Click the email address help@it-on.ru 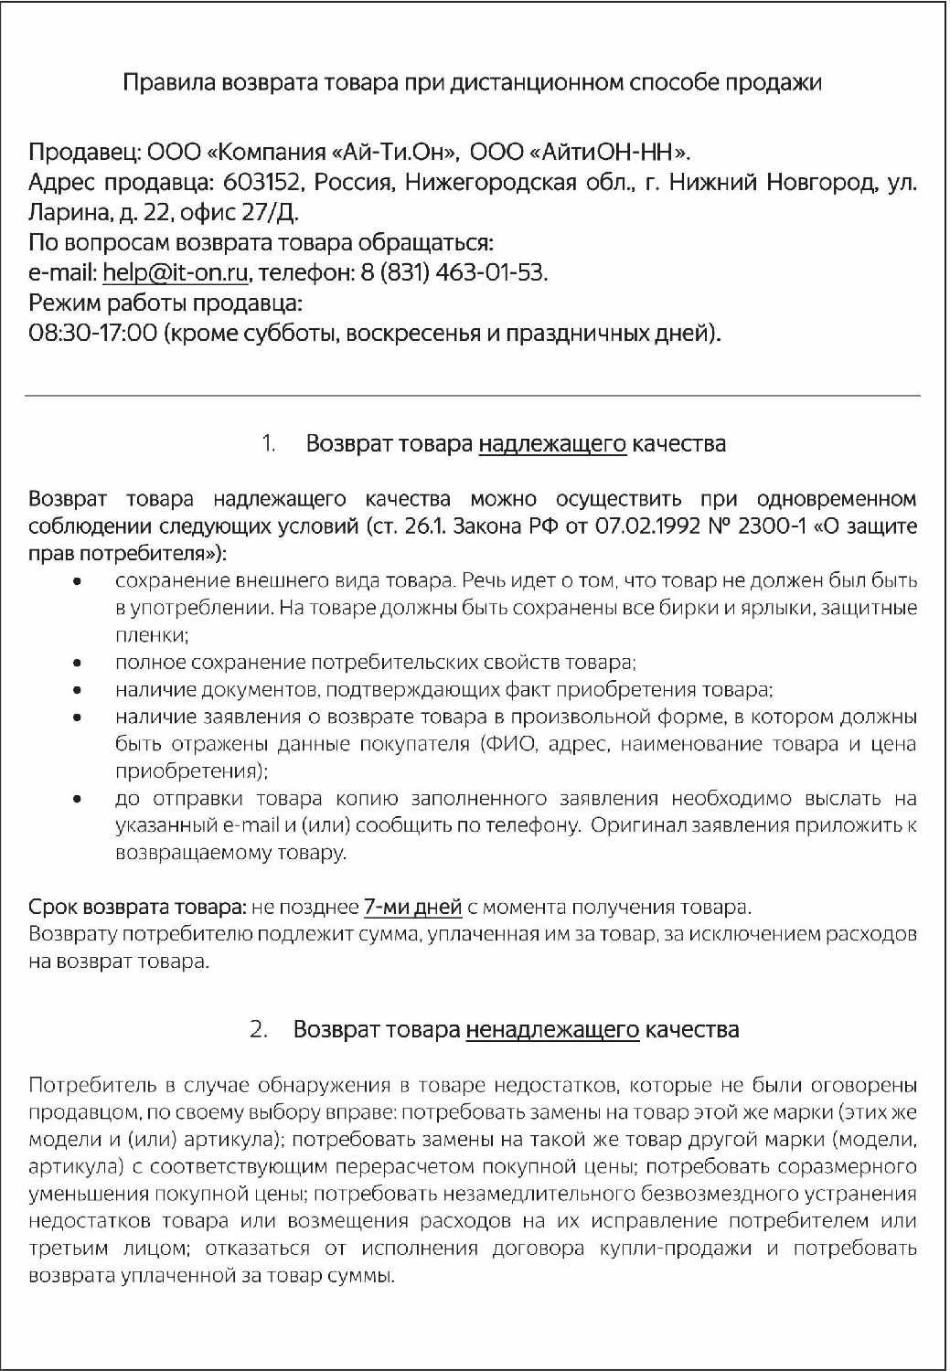(175, 272)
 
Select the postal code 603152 (262, 182)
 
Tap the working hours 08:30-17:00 (93, 333)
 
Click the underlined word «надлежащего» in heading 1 (552, 444)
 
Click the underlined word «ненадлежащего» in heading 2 (552, 1030)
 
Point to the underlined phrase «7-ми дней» (412, 908)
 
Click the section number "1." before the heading (269, 444)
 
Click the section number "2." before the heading (259, 1030)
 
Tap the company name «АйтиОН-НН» (611, 152)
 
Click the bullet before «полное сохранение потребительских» (79, 664)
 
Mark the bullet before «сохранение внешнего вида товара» (79, 581)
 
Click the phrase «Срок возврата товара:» (137, 908)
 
